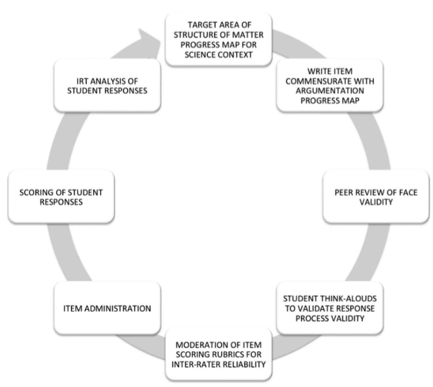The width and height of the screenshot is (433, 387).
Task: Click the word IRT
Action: point(82,81)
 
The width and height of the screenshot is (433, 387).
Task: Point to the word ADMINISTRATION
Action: point(118,308)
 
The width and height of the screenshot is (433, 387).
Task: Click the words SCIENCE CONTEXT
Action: point(218,55)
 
